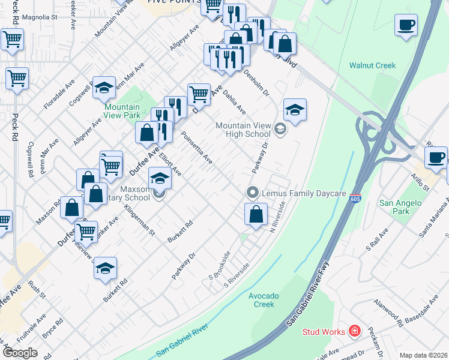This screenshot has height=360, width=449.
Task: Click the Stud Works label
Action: (324, 332)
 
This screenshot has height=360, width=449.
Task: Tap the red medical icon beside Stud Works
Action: (355, 331)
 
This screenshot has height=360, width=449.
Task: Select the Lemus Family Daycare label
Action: (304, 193)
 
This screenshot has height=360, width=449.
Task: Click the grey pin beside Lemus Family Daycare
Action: (253, 193)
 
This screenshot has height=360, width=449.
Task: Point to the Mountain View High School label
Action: (247, 130)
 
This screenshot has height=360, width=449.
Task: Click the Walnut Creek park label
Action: (373, 65)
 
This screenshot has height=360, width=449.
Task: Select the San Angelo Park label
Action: (402, 207)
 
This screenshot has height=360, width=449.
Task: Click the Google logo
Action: (19, 353)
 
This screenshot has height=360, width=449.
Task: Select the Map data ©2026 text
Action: (423, 355)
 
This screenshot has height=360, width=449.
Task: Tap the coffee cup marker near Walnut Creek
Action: (406, 26)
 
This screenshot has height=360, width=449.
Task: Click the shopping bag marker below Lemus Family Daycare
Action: (256, 214)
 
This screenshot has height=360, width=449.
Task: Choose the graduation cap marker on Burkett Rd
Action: (105, 268)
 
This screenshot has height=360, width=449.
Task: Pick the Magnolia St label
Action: (40, 17)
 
